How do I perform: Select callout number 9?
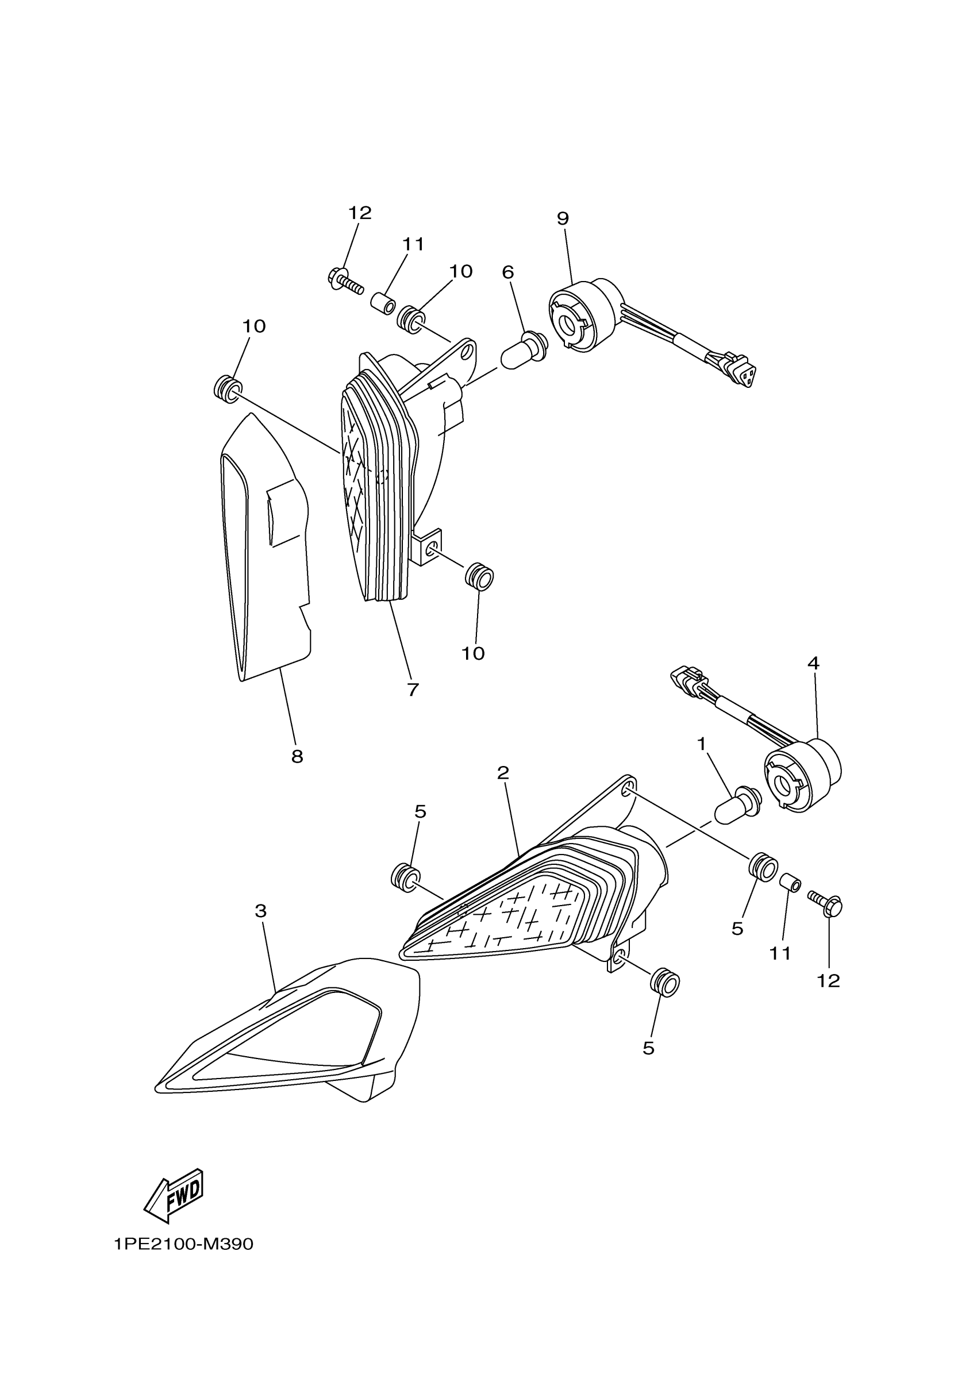[562, 218]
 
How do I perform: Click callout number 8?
[297, 757]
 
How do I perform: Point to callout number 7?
[412, 690]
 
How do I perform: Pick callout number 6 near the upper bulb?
[507, 273]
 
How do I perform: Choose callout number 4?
[813, 663]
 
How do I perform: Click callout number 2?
[503, 772]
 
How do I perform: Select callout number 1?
[701, 745]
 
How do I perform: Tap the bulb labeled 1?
[737, 804]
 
